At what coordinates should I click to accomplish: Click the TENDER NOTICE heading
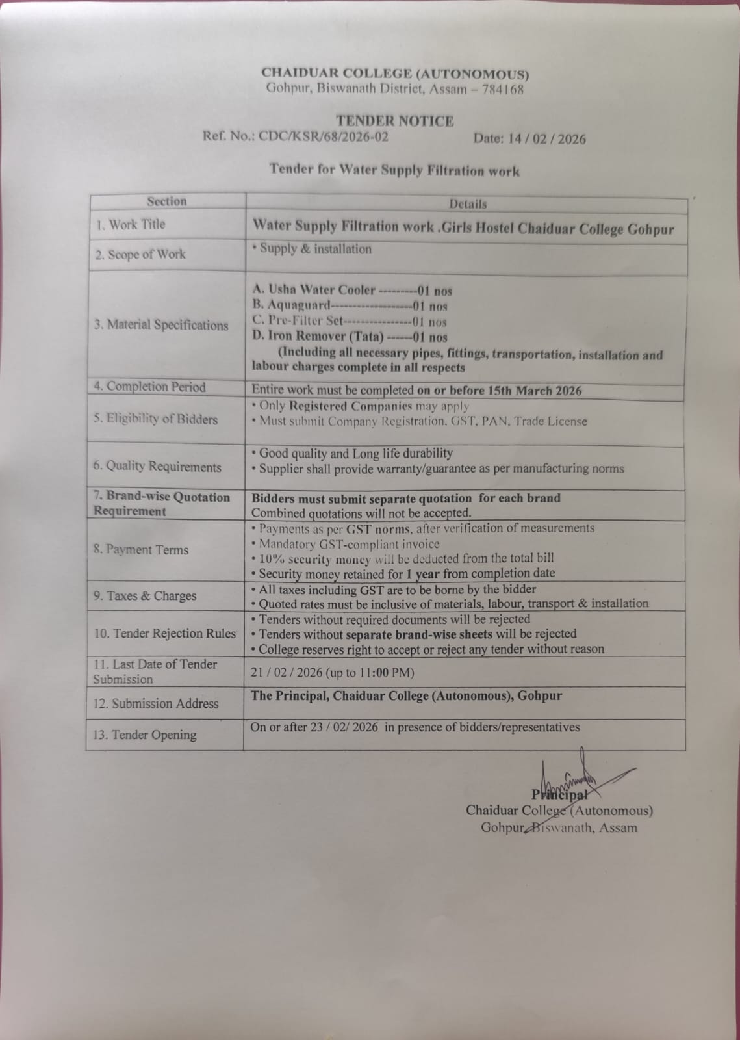coord(394,121)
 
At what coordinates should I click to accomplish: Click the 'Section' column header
coord(166,201)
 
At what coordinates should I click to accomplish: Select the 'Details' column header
coord(467,204)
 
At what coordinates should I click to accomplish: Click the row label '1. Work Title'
coord(131,225)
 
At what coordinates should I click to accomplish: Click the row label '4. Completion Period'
coord(149,387)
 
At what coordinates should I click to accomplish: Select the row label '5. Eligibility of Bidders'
coord(155,419)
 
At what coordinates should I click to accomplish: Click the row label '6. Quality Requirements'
coord(157,467)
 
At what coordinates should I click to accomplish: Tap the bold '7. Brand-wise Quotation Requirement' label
coord(161,504)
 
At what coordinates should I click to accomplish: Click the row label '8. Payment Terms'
coord(140,550)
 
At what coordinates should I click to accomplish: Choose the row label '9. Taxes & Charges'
coord(144,596)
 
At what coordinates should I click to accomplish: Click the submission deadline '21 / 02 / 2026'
coord(286,673)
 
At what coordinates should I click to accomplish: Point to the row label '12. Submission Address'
coord(156,704)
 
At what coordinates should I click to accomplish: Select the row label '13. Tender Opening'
coord(144,735)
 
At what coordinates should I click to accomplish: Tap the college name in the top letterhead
coord(395,74)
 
